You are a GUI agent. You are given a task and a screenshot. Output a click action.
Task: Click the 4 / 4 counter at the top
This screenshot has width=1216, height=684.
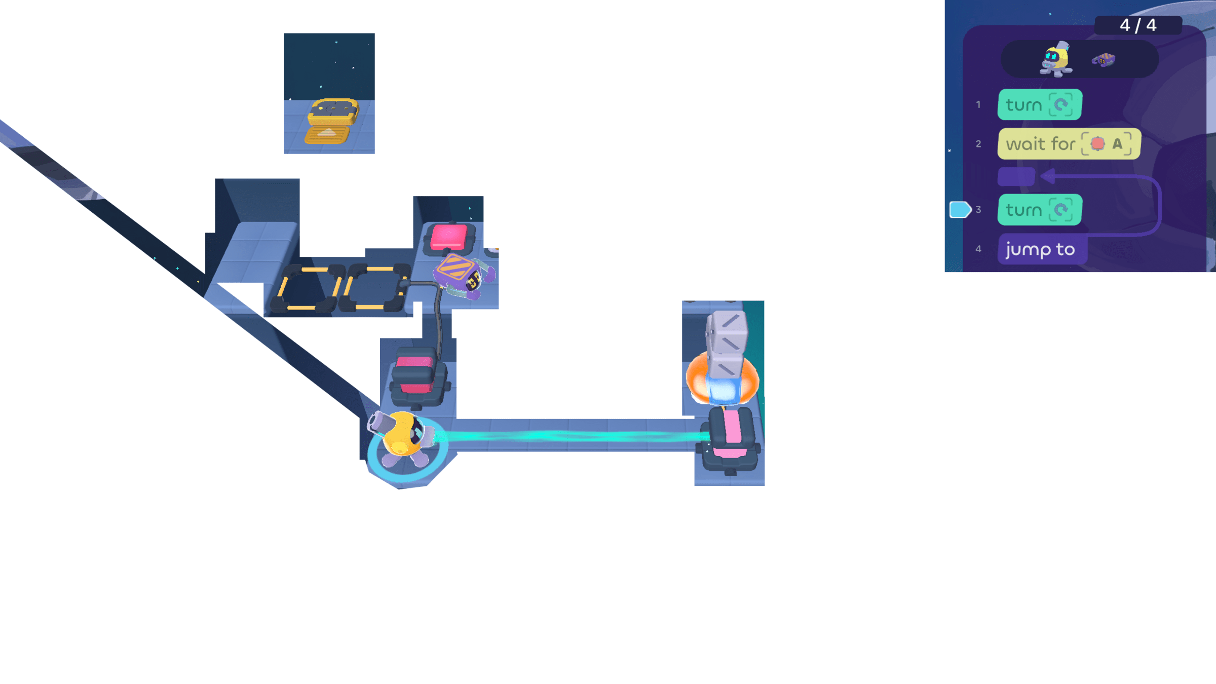pyautogui.click(x=1137, y=25)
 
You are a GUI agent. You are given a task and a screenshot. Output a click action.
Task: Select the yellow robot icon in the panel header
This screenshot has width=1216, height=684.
pyautogui.click(x=1056, y=59)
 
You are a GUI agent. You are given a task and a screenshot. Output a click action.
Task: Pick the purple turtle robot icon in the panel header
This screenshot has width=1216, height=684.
pyautogui.click(x=1104, y=60)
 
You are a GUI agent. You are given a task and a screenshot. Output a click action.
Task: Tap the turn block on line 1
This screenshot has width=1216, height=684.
pyautogui.click(x=1039, y=104)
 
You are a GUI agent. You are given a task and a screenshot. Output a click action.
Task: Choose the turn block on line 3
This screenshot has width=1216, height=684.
pyautogui.click(x=1039, y=210)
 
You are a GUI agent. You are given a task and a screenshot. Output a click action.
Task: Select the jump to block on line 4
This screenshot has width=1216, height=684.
pyautogui.click(x=1041, y=249)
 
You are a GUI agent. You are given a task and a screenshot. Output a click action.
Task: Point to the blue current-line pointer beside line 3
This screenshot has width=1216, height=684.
pyautogui.click(x=959, y=209)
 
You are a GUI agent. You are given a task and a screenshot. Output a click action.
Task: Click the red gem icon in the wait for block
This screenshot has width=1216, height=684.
pyautogui.click(x=1097, y=144)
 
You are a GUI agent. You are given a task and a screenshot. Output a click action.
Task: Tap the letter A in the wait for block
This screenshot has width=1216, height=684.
pyautogui.click(x=1117, y=144)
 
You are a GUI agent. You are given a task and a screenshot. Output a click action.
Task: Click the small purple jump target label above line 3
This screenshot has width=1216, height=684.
pyautogui.click(x=1016, y=176)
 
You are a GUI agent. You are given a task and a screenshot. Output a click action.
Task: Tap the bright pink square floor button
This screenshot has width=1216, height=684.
pyautogui.click(x=449, y=237)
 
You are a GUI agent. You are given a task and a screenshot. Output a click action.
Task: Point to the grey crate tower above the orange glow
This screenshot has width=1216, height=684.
pyautogui.click(x=727, y=345)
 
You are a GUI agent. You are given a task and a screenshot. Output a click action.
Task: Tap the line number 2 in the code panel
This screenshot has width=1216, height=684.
pyautogui.click(x=978, y=144)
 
